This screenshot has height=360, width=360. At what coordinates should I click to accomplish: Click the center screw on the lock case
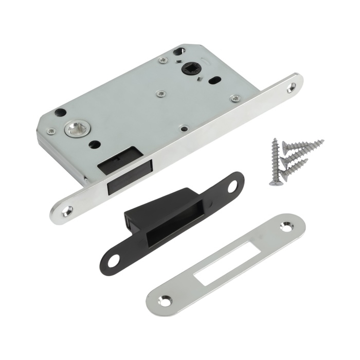click(x=161, y=94)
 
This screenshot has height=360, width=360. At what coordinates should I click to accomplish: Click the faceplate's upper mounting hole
click(x=293, y=88)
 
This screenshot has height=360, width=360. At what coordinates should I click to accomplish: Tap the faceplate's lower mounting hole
click(x=67, y=210)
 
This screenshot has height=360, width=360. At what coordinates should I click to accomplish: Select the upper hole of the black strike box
click(x=231, y=185)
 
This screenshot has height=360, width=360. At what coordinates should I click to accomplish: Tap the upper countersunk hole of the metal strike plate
click(x=285, y=226)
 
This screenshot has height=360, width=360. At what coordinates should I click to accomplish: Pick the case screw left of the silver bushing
click(x=51, y=132)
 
